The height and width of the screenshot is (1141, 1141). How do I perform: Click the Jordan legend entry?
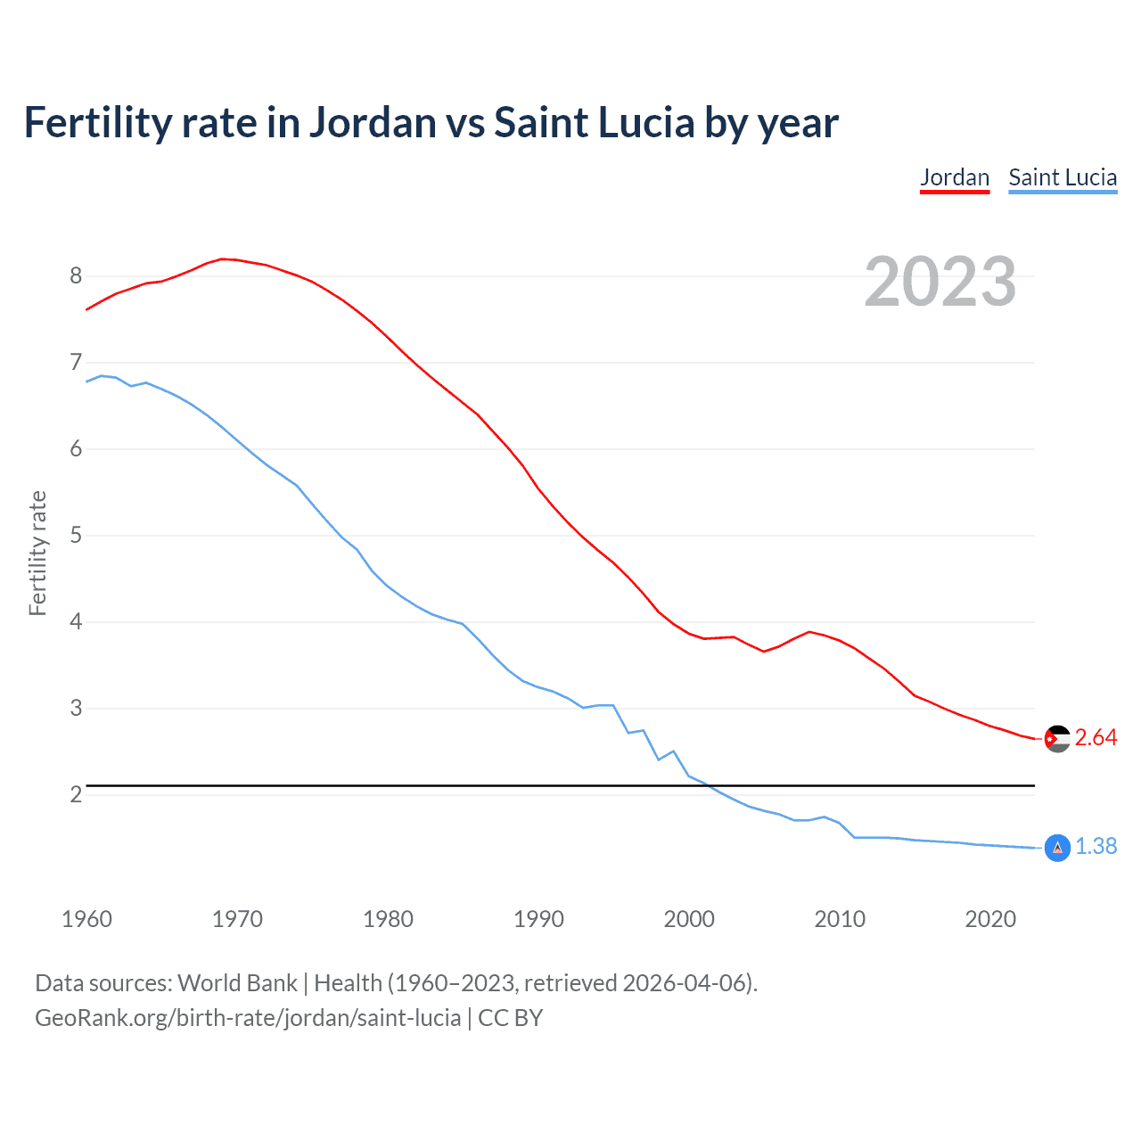[955, 177]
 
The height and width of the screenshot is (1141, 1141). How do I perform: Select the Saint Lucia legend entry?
[1063, 177]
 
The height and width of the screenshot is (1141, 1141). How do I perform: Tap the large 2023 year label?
[940, 282]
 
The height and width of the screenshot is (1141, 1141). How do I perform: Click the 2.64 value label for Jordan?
[1096, 738]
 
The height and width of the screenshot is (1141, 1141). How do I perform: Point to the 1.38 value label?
[1096, 846]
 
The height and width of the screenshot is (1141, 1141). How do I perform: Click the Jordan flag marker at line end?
[1056, 738]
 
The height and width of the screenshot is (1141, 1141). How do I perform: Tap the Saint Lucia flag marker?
[1056, 847]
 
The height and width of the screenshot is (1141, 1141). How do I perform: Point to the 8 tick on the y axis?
[76, 276]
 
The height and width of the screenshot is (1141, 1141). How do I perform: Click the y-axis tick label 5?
[76, 536]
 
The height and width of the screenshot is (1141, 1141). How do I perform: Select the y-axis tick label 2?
[76, 794]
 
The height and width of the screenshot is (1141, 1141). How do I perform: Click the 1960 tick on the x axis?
[86, 919]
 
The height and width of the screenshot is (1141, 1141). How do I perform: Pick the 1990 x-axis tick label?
[538, 919]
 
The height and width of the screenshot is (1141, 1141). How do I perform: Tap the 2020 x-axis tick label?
[990, 919]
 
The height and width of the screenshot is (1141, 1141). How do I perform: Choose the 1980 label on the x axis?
[388, 919]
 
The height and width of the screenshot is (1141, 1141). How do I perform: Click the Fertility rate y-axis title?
[37, 553]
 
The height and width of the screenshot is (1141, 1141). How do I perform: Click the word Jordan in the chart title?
[373, 123]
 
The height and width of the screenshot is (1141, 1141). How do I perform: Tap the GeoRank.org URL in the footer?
[248, 1018]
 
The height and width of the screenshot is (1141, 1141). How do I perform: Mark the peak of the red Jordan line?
[223, 259]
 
